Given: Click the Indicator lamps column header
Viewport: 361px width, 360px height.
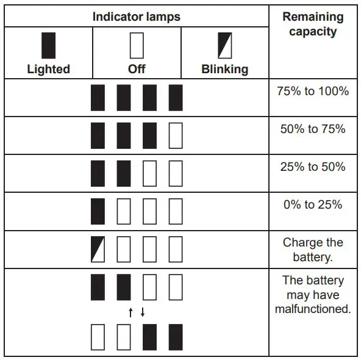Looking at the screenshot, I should (137, 16).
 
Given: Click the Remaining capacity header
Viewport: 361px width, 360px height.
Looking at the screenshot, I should (313, 24).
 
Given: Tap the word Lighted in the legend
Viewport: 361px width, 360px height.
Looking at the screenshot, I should (48, 69).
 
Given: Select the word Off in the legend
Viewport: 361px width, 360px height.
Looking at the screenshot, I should (137, 69).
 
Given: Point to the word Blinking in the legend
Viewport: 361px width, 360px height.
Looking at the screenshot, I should (225, 69).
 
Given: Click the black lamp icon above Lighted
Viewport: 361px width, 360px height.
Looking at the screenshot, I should (48, 45).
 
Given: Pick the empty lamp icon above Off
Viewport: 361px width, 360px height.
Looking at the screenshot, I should (137, 45).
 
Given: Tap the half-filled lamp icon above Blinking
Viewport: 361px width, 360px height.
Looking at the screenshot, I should (225, 45).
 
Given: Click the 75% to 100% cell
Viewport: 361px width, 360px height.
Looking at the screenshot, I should (313, 92).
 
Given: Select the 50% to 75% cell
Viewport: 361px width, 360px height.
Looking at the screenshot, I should (313, 129).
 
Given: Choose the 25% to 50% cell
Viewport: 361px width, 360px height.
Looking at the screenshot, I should (313, 167).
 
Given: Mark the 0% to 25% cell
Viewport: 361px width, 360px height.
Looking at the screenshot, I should (313, 205).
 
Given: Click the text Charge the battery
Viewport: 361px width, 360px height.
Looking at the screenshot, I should (313, 250).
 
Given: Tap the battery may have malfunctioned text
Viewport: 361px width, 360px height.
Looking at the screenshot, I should (313, 295).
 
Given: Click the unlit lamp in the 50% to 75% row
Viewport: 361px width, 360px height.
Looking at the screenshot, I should (176, 135).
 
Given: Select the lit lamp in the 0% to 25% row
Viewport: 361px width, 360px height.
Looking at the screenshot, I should (98, 211).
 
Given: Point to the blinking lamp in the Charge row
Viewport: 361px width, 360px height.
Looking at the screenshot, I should (98, 249).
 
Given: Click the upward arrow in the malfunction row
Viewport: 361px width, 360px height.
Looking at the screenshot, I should (130, 313).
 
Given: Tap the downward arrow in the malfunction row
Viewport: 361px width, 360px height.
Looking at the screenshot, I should (143, 313).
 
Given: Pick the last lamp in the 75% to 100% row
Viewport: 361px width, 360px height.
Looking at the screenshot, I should (176, 98).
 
